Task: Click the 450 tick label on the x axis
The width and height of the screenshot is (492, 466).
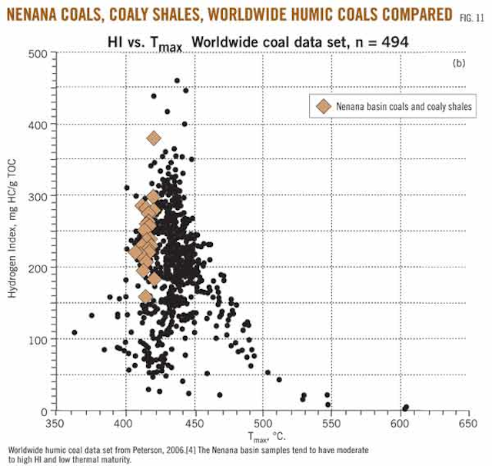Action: (x=194, y=423)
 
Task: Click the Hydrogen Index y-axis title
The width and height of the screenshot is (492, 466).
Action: (x=12, y=231)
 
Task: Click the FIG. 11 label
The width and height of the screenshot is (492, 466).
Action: (x=472, y=15)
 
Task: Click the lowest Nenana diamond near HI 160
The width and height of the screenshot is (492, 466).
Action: (x=145, y=297)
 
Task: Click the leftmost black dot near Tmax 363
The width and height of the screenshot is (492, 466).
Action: (x=74, y=332)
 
